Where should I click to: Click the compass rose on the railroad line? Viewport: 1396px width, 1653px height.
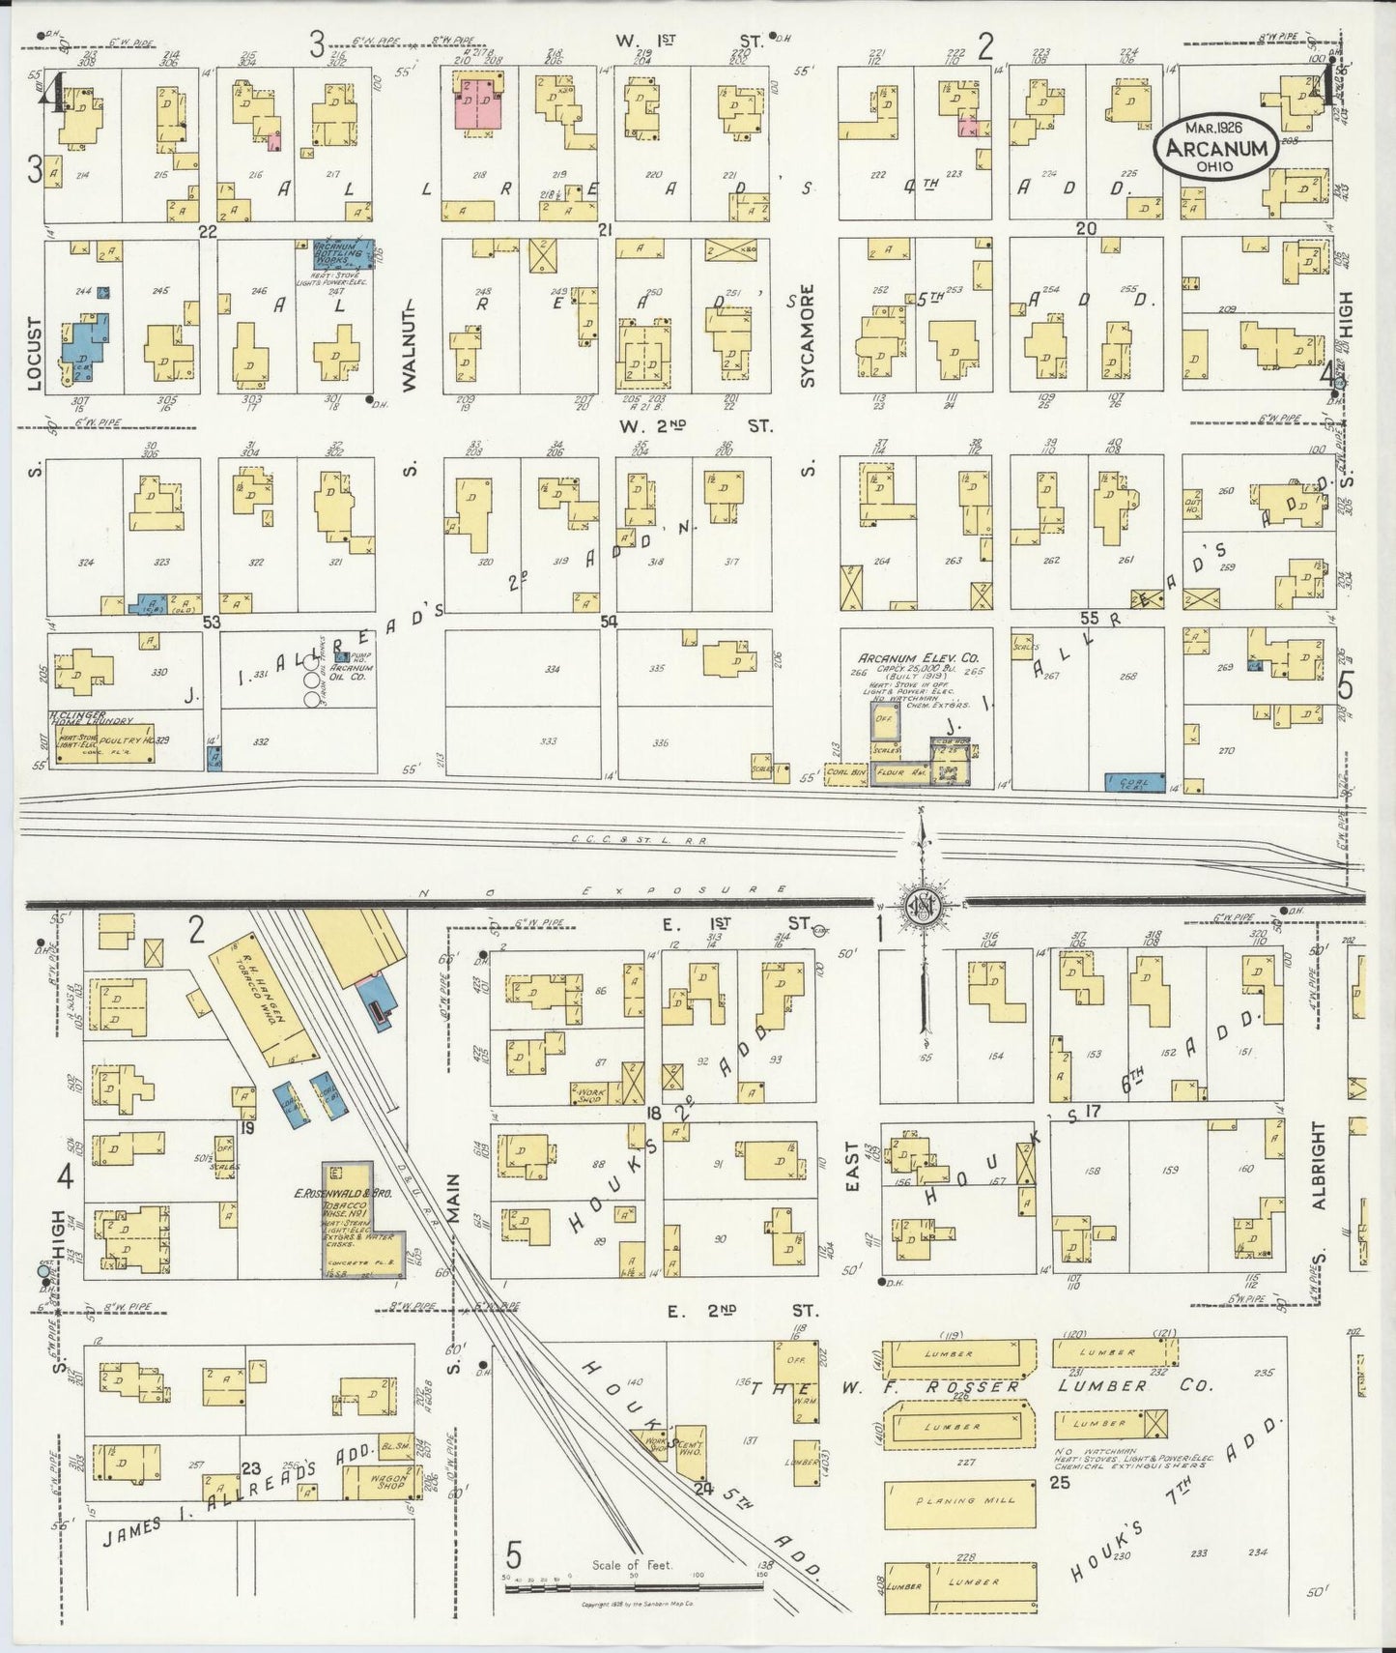tap(922, 905)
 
